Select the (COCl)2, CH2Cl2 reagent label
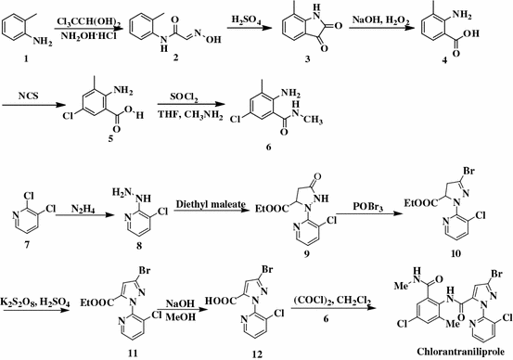click(x=331, y=295)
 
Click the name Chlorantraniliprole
click(x=430, y=351)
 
